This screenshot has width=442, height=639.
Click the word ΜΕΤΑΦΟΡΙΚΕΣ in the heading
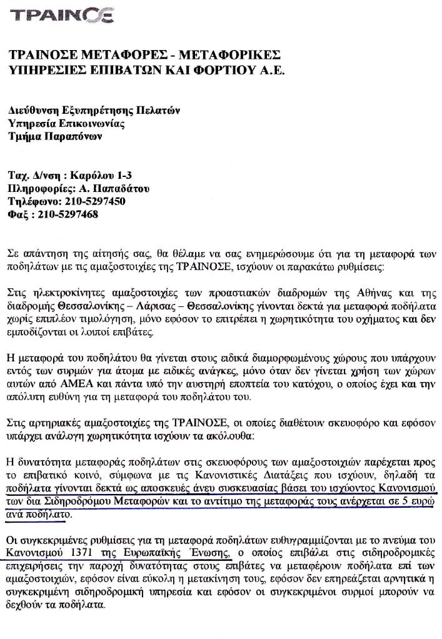(226, 55)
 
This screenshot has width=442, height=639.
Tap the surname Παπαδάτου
(119, 189)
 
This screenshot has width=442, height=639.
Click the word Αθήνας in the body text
(384, 294)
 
